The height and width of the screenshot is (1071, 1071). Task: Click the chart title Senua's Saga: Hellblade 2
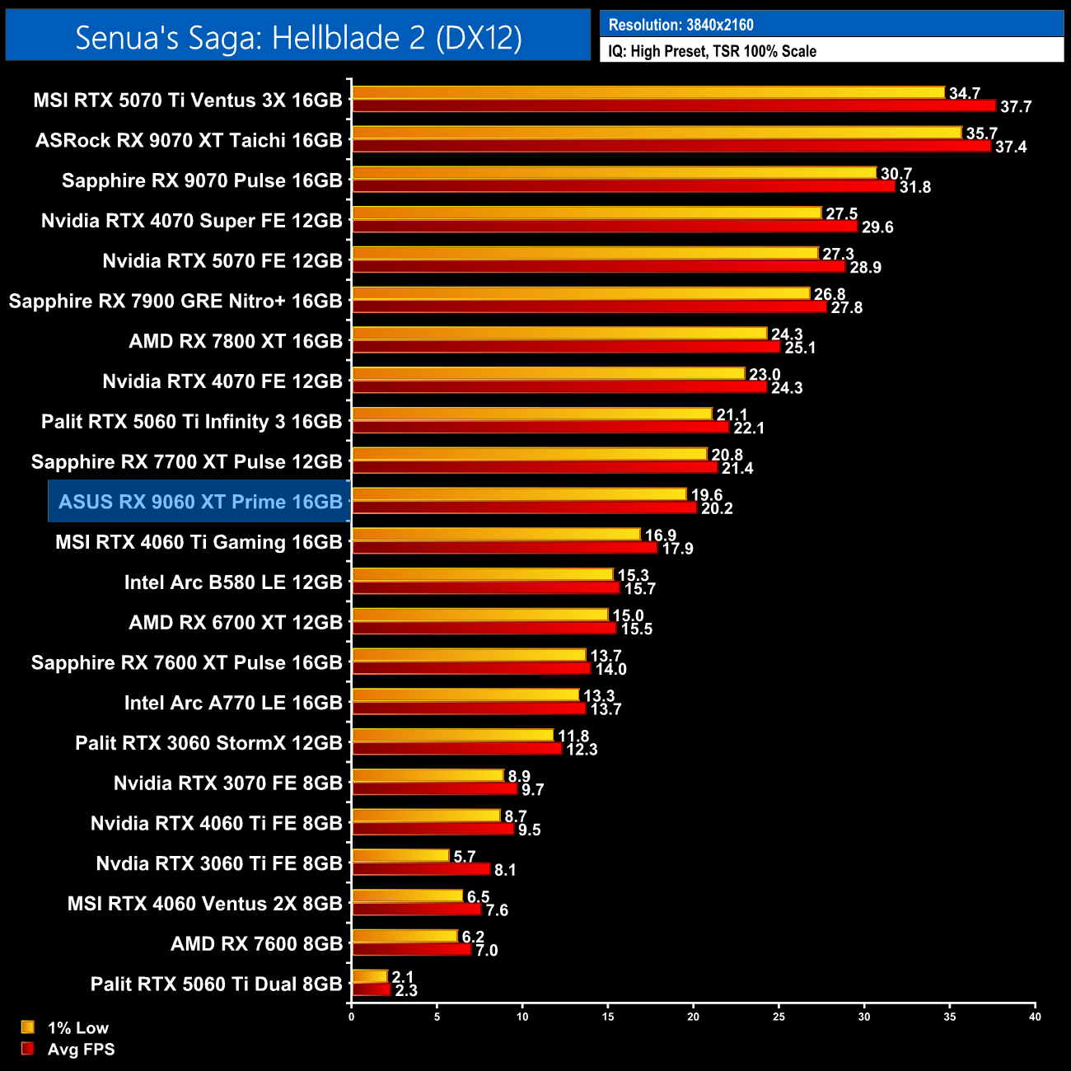298,37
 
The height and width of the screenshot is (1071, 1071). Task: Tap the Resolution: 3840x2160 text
680,25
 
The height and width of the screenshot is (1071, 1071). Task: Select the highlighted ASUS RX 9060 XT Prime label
200,502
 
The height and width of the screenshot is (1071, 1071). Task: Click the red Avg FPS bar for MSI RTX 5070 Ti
674,106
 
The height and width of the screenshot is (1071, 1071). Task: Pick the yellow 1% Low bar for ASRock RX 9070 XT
657,133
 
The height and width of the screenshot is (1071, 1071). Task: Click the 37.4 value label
1011,147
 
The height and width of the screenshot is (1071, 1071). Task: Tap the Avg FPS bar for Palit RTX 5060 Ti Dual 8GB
372,990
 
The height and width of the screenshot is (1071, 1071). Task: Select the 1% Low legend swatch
28,1027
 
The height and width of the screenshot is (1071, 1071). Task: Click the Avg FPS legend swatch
28,1049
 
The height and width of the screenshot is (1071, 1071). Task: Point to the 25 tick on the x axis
779,1017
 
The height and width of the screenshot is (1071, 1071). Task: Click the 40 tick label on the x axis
1035,1017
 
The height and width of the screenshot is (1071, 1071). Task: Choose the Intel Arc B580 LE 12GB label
233,582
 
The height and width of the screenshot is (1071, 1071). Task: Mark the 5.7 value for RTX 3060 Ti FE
465,857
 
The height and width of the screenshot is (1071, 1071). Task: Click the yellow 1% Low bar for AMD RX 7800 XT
559,334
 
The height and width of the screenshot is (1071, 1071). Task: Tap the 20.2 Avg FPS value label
717,508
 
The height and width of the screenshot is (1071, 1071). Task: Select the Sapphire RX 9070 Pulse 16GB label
202,180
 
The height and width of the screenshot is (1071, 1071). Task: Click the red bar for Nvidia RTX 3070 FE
434,789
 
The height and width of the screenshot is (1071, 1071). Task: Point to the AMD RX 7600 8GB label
256,944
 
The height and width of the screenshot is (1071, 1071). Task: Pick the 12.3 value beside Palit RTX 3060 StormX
582,750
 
